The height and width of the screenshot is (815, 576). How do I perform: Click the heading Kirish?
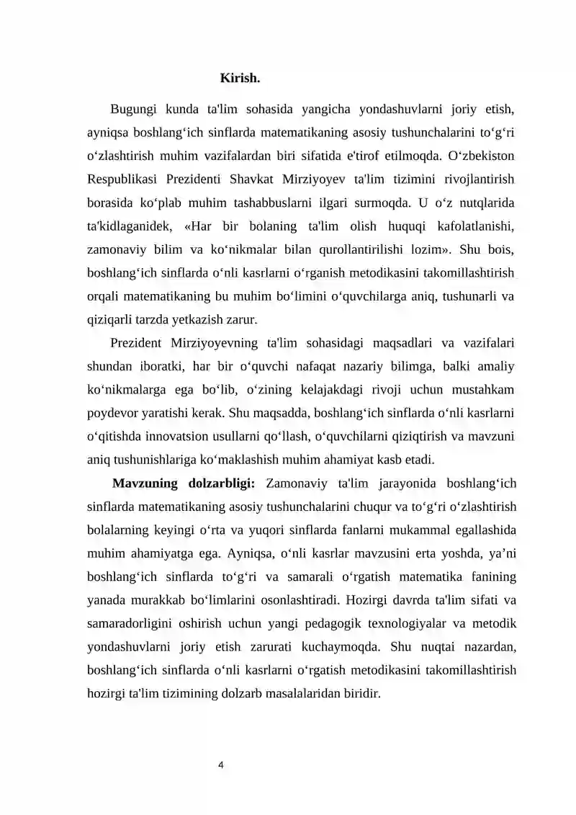[240, 77]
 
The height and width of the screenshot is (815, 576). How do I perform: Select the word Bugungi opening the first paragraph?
[135, 110]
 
